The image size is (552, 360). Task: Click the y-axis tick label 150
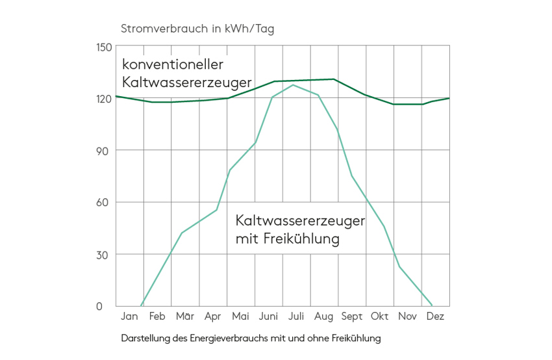coord(104,47)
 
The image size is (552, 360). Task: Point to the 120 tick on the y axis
coord(104,99)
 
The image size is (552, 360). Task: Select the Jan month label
coord(129,316)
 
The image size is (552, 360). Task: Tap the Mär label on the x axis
coord(185,316)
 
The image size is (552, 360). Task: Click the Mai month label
coord(240,316)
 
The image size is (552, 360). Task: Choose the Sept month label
coord(351,316)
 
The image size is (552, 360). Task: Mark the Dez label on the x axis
coord(435,316)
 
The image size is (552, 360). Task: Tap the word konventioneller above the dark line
coord(173,65)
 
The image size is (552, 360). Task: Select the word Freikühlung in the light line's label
coord(303,238)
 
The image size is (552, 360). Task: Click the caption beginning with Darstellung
coord(250,338)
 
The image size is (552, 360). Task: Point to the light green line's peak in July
coord(293,84)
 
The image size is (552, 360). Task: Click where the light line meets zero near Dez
coord(432,305)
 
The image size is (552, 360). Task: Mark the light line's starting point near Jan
coord(141,305)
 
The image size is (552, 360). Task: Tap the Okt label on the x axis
coord(379,316)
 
